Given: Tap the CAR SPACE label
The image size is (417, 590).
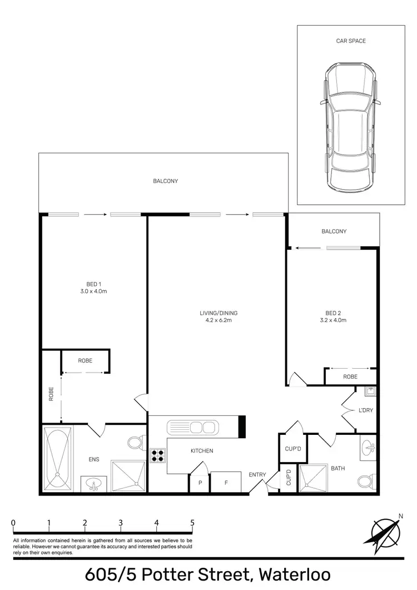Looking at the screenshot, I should [x=351, y=41].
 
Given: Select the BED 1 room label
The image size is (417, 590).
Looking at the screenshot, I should [x=92, y=284].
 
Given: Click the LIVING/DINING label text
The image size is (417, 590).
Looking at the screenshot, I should [x=219, y=313].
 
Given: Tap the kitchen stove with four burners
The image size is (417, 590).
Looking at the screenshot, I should [x=157, y=456].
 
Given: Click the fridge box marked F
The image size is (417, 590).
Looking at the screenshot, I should [x=226, y=483].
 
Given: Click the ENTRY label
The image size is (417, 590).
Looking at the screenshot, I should [x=257, y=474].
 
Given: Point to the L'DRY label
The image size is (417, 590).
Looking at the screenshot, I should [x=365, y=410].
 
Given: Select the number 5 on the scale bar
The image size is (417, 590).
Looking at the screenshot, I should [x=192, y=523].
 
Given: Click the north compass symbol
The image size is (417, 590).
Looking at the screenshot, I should [x=384, y=531].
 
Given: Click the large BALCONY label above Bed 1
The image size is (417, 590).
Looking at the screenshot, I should [x=166, y=181].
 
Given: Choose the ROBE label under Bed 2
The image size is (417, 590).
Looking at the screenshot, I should [x=350, y=376].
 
